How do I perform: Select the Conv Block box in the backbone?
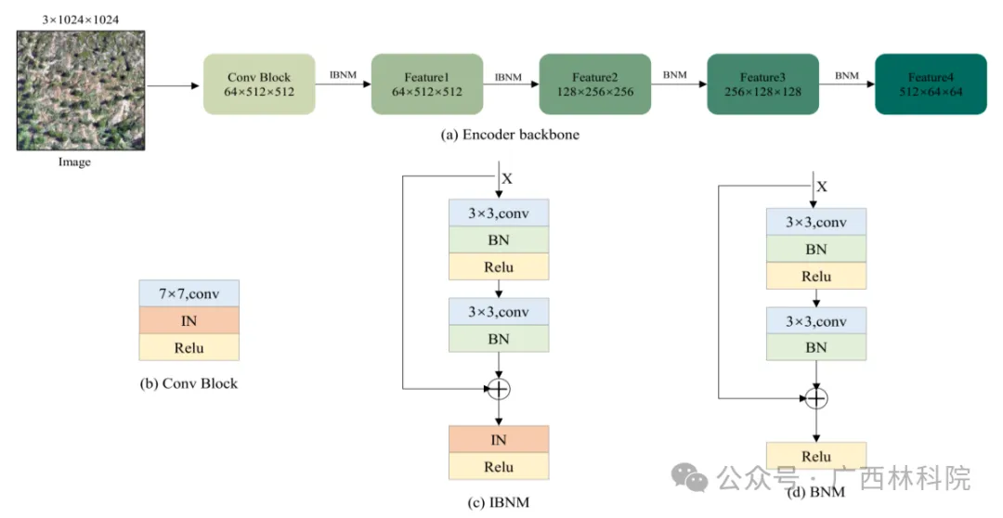[259, 84]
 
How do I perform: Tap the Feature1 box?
[426, 84]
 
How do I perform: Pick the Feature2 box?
[594, 84]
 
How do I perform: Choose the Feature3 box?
[762, 84]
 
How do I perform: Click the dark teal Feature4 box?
[931, 84]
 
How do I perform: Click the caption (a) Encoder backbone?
[509, 135]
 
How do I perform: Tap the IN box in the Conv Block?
[189, 321]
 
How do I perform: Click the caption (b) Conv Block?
[188, 382]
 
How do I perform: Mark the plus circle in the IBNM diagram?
[500, 387]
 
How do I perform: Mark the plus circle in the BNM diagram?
[815, 398]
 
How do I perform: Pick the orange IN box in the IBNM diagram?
[500, 439]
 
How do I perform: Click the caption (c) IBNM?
[499, 502]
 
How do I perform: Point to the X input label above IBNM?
[507, 177]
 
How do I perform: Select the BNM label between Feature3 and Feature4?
[846, 73]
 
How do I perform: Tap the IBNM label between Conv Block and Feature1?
[343, 73]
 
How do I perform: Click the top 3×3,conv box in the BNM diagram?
[815, 222]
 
